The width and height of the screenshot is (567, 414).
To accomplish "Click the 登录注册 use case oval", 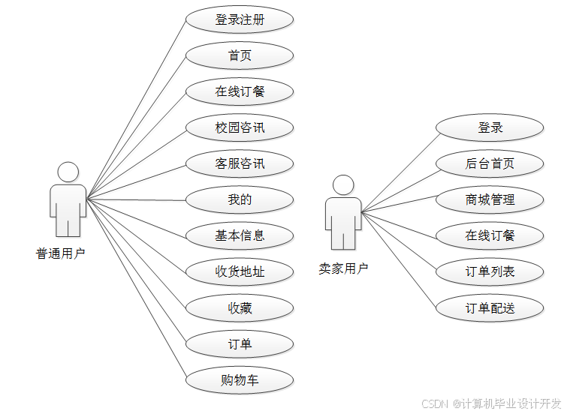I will (x=240, y=19).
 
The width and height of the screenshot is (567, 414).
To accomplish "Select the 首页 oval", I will (x=240, y=55).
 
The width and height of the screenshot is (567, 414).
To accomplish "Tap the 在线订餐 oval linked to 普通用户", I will (x=240, y=91).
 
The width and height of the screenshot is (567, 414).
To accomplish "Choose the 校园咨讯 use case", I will (x=240, y=127).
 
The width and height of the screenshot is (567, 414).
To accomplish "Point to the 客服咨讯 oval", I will (x=240, y=163).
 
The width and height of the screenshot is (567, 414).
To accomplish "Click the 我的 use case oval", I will (x=240, y=199).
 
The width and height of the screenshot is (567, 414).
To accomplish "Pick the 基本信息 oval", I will (x=240, y=235).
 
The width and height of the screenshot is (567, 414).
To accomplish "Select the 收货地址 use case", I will (x=240, y=271).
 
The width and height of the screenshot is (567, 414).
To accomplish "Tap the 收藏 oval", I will (x=240, y=307).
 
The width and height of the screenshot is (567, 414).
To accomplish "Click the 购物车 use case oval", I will (x=240, y=380).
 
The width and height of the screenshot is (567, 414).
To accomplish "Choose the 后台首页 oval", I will (x=490, y=163).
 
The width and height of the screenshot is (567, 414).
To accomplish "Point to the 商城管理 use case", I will (x=490, y=199).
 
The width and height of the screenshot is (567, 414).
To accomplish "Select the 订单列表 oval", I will (x=490, y=271).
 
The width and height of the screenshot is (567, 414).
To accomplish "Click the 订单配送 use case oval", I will (x=490, y=307).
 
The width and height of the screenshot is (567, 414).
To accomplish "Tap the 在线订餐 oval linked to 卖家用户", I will (x=490, y=235).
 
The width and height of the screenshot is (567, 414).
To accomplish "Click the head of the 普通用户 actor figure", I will (x=68, y=172).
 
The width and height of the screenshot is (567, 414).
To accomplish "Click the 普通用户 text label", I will (x=61, y=253).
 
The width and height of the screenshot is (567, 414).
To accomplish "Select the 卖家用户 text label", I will (x=343, y=268).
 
